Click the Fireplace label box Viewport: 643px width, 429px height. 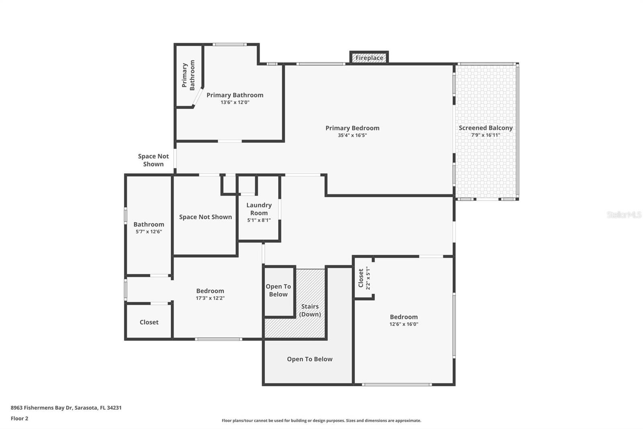[x=369, y=58]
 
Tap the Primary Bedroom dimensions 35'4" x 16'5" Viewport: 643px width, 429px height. [x=352, y=136]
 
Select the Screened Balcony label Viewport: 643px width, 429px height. [x=486, y=128]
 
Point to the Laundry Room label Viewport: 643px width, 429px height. [x=259, y=209]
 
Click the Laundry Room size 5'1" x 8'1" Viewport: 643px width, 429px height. [x=259, y=220]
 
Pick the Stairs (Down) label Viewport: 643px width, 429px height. [x=310, y=310]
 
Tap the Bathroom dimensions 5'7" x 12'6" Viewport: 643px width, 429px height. [x=149, y=232]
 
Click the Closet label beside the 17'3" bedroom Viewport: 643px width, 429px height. [x=149, y=322]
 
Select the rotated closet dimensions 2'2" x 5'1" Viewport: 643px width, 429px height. [x=368, y=278]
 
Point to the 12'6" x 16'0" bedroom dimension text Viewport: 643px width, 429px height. [x=403, y=324]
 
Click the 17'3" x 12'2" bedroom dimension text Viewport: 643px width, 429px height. [x=210, y=298]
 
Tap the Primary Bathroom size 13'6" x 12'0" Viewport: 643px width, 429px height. [x=235, y=102]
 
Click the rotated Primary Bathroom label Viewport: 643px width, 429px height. [x=188, y=75]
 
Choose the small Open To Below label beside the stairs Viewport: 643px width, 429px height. [x=278, y=291]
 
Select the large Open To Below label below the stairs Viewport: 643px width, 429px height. [x=310, y=359]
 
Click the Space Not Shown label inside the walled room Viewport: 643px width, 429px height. [x=205, y=217]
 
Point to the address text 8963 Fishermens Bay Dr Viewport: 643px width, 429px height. [x=41, y=408]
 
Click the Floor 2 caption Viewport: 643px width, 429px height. [x=20, y=419]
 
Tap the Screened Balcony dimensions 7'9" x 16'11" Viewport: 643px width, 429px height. [x=486, y=135]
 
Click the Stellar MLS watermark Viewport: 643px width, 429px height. [x=624, y=214]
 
